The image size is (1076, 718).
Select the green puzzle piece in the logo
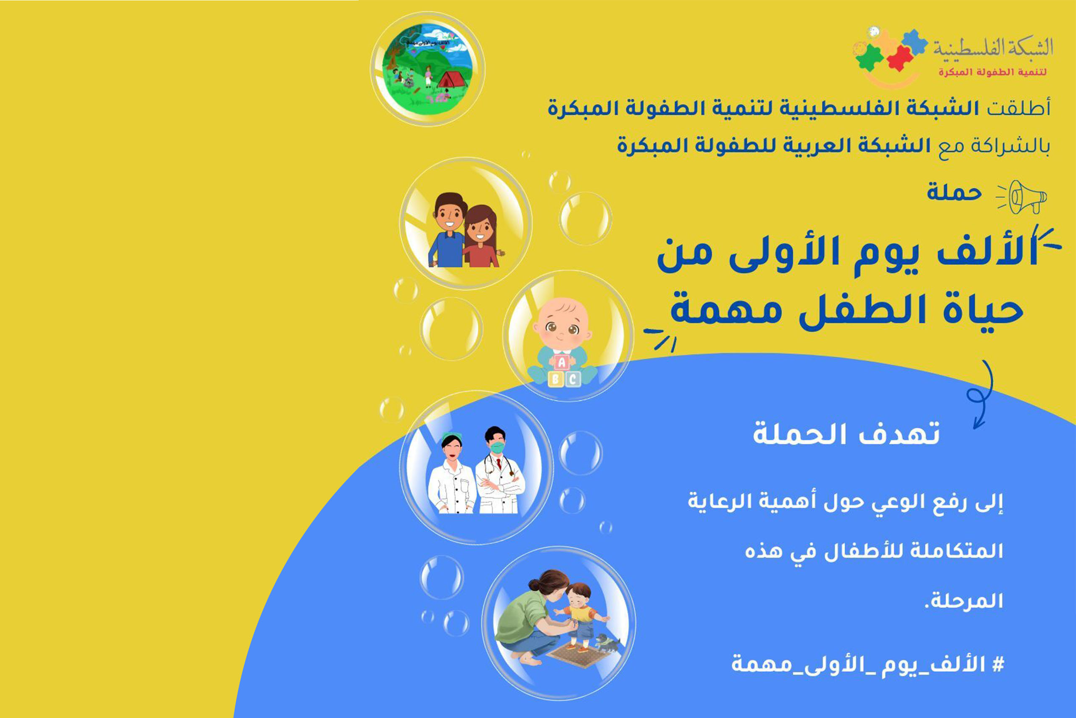pos(870,57)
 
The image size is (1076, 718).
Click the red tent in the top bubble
pos(452,78)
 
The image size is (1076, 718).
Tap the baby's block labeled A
pos(562,363)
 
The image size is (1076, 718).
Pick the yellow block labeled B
pos(556,379)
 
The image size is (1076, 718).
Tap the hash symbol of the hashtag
pos(998,664)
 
